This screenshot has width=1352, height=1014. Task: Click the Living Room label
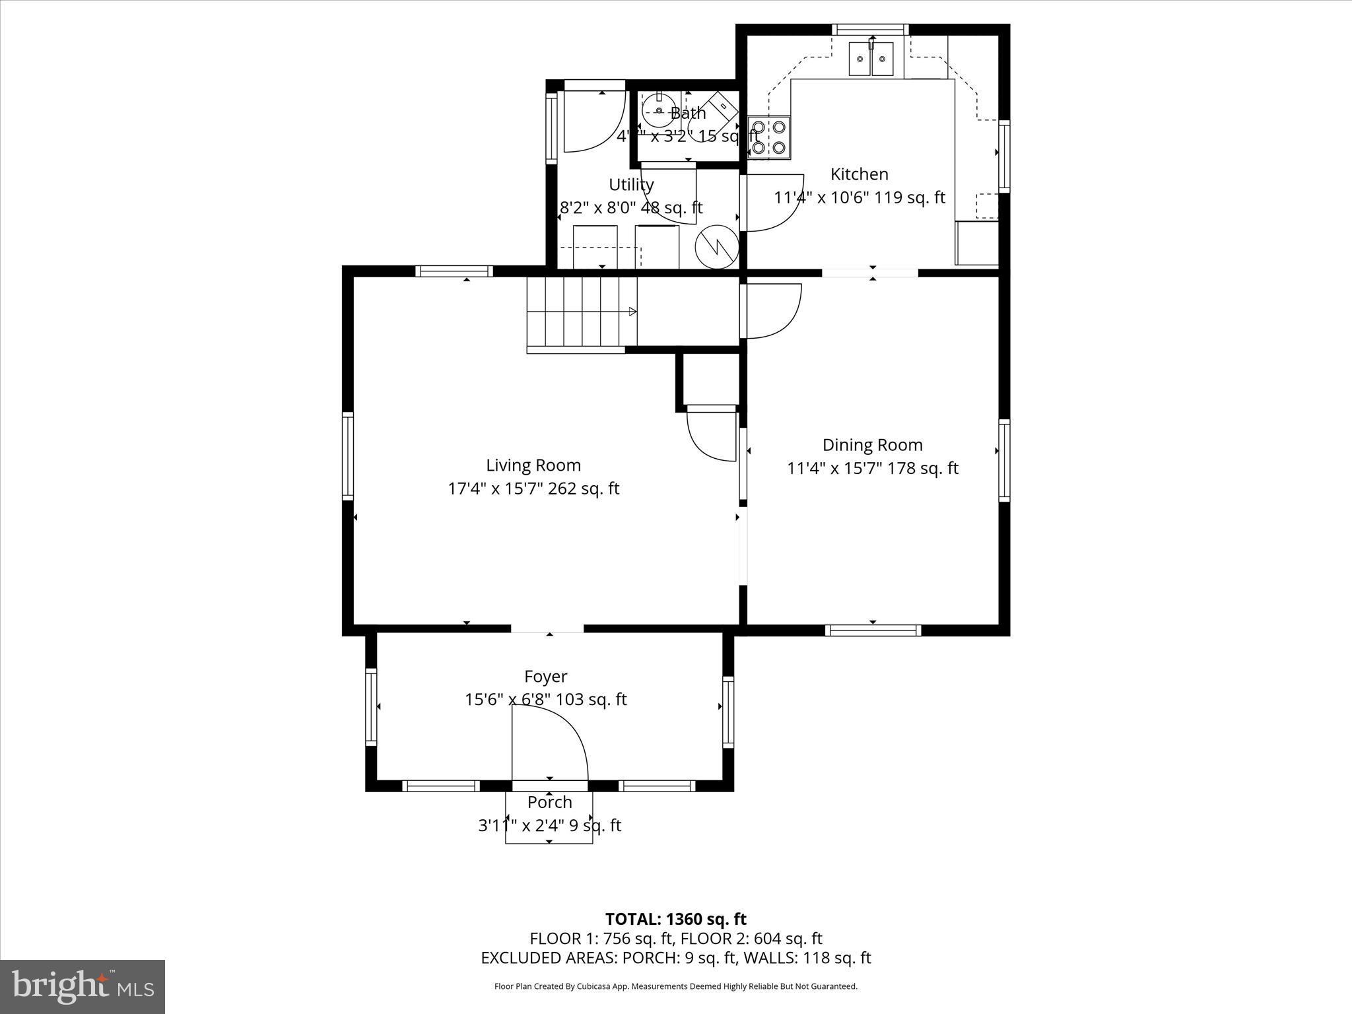coord(533,465)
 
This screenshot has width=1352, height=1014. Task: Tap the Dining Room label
coord(872,445)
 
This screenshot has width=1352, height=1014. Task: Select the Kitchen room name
coord(859,174)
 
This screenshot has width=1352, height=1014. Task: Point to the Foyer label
coord(545,677)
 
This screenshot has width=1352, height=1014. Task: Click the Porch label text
coord(549,802)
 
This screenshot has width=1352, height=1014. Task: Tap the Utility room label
coord(631,185)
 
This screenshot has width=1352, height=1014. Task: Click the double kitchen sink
coord(871,59)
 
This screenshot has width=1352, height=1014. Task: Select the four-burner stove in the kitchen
coord(769,137)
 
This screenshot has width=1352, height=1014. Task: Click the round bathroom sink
coord(658,111)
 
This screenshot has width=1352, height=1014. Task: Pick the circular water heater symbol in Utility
coord(716,247)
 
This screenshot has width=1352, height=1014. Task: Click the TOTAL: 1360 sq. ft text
coord(675,919)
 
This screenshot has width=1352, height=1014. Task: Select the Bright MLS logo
coord(83,987)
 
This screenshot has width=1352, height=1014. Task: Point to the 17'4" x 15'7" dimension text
coord(533,489)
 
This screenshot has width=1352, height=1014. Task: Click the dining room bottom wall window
coord(873,630)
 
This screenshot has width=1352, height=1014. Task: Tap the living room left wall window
coord(347,456)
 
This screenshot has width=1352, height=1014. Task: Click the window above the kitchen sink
coord(869,29)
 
